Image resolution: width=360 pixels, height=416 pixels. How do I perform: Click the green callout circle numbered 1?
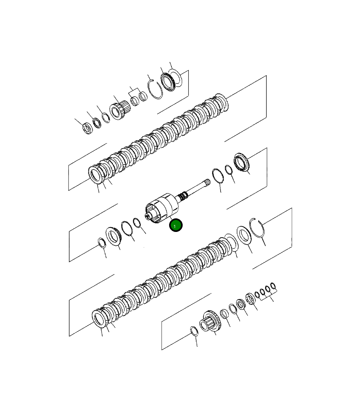click(x=176, y=225)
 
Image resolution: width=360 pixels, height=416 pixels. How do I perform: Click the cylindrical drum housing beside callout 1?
click(x=162, y=208)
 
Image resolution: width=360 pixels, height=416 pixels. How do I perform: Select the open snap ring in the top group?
click(x=155, y=89)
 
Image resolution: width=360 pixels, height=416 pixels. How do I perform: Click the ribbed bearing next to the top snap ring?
click(x=168, y=82)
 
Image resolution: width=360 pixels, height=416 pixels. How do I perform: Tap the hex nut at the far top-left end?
click(x=88, y=128)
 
